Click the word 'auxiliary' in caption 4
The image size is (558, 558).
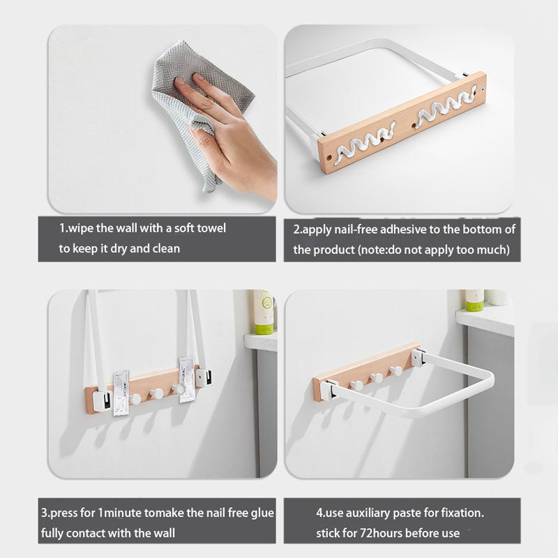click(x=368, y=513)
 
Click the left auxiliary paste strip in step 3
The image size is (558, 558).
click(x=121, y=393)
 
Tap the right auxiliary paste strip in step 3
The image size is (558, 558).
click(x=187, y=379)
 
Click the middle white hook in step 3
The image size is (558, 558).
click(x=156, y=394)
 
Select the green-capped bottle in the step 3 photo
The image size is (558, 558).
click(x=264, y=312)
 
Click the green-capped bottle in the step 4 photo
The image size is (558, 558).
click(x=475, y=300)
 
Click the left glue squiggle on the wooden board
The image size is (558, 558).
click(x=365, y=140)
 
